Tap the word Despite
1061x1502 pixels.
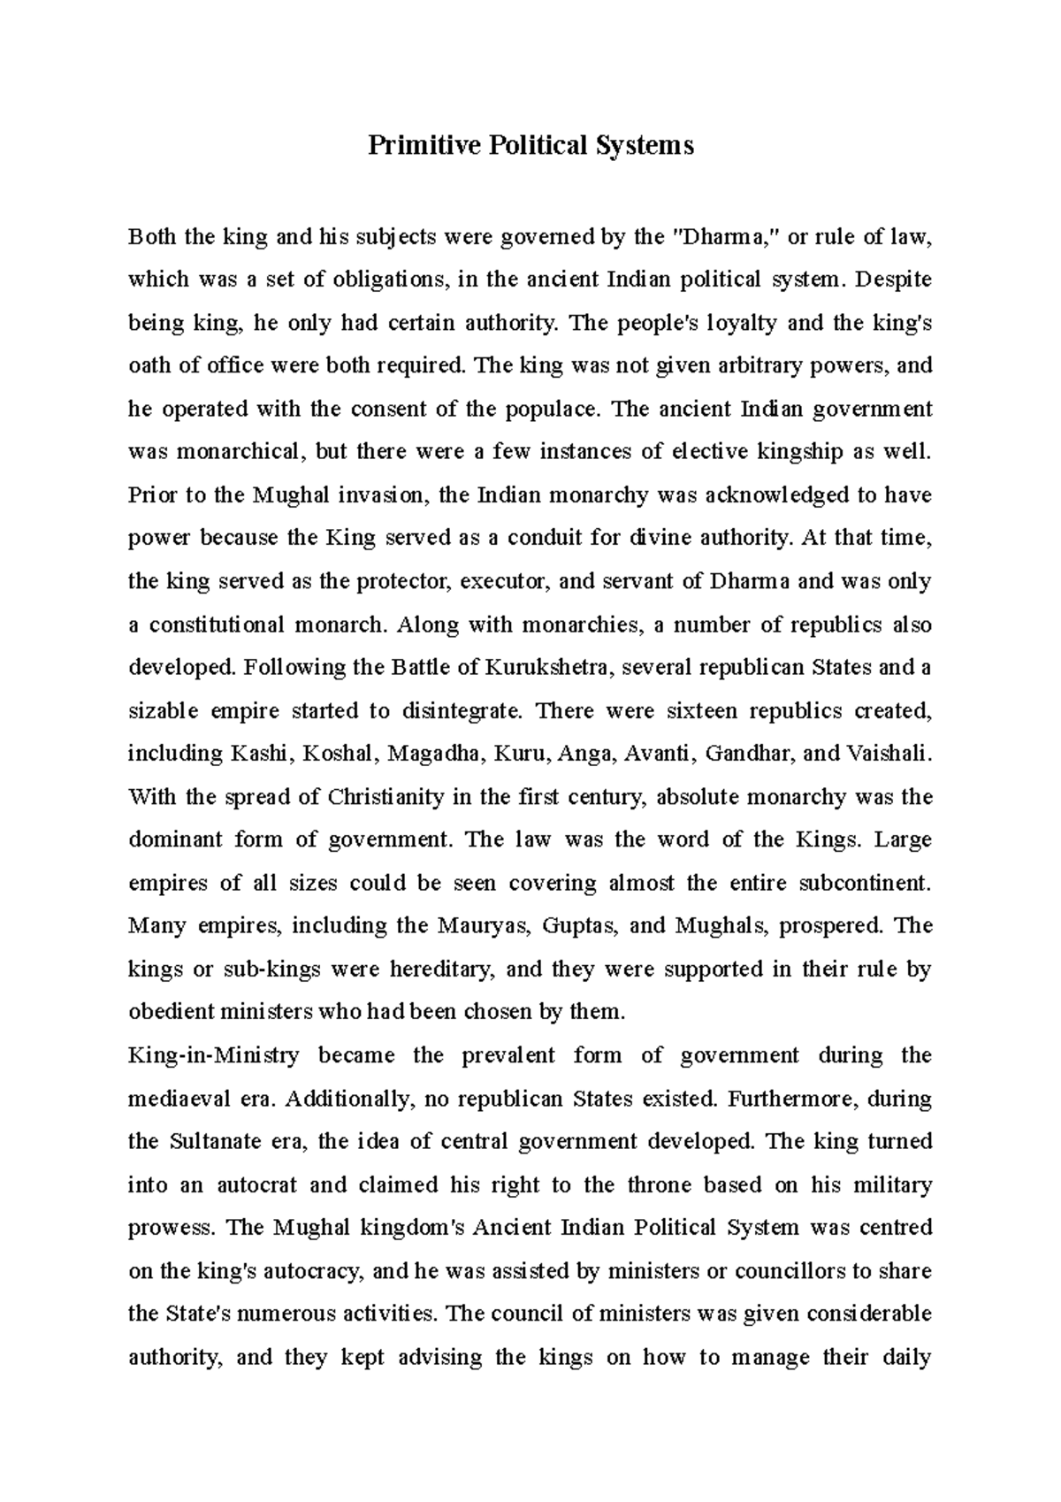(892, 280)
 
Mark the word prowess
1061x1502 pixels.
(171, 1229)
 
